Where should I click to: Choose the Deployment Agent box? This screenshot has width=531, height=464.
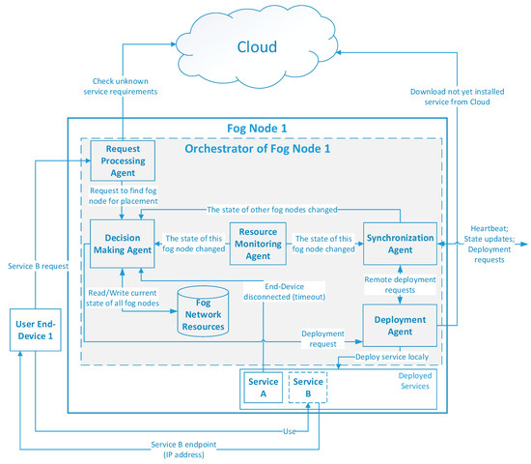click(x=395, y=324)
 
